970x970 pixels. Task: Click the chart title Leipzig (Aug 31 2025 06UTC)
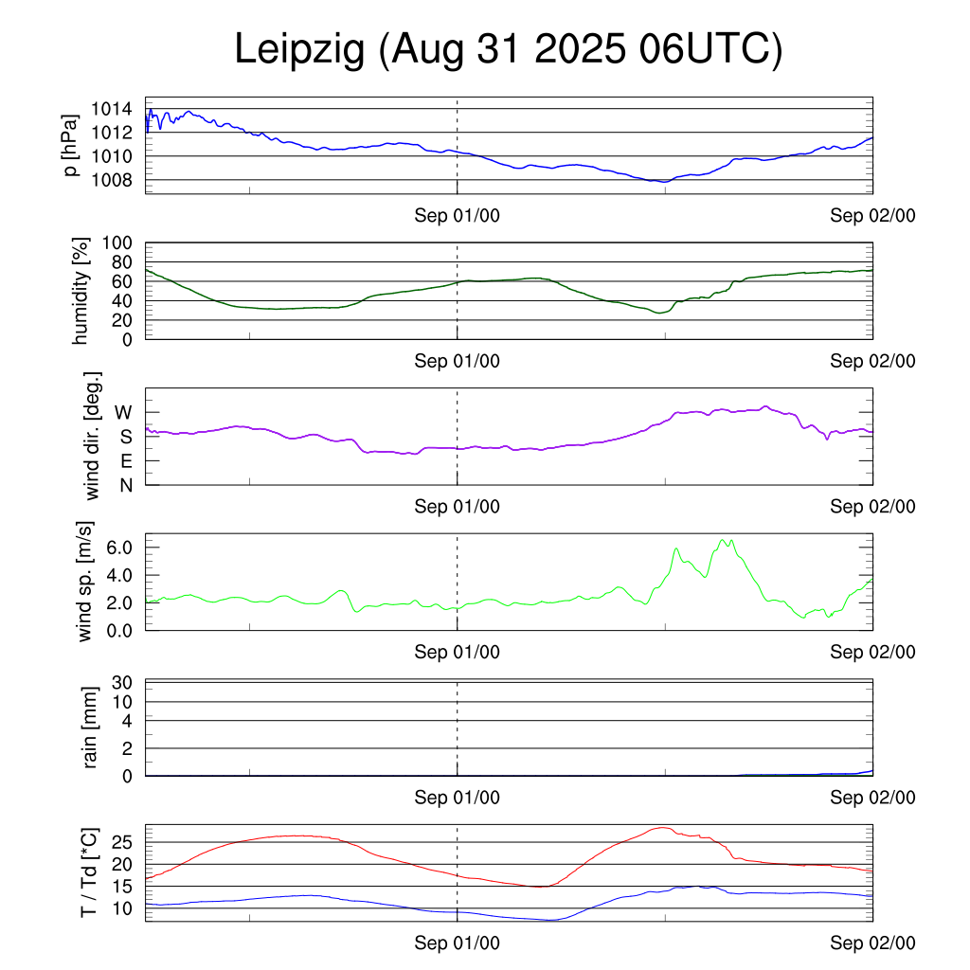click(x=509, y=50)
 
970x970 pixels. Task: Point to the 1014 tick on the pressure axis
click(x=117, y=109)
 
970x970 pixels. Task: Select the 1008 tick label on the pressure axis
click(x=117, y=180)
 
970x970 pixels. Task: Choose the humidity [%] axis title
click(x=82, y=292)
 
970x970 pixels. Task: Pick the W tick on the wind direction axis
click(x=124, y=413)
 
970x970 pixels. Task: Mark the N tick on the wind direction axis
click(x=125, y=485)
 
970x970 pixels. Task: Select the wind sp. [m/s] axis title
click(x=85, y=582)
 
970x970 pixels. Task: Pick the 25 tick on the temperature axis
click(x=127, y=842)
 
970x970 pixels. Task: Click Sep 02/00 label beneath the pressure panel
click(x=873, y=216)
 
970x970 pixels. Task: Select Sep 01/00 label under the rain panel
click(x=458, y=798)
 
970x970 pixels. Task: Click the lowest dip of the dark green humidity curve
click(x=660, y=313)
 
